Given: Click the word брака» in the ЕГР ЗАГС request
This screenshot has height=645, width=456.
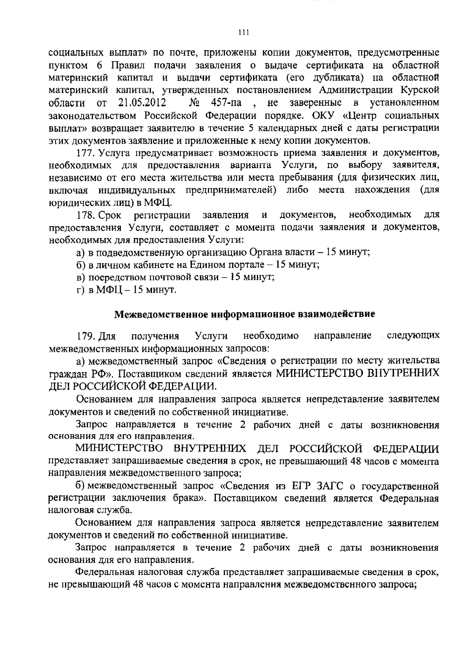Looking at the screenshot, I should pyautogui.click(x=187, y=499).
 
